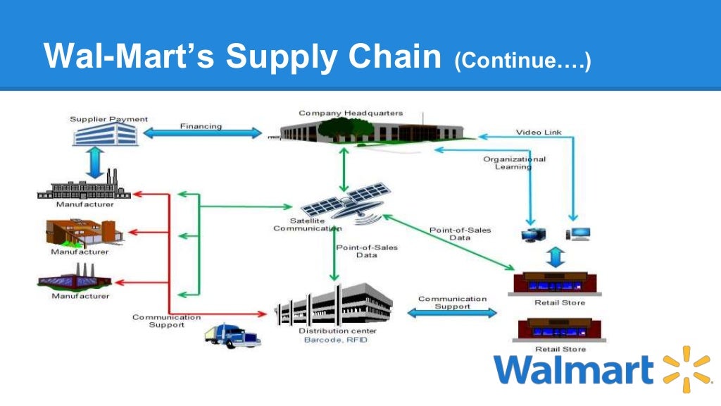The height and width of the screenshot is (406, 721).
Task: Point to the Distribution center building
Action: [334, 304]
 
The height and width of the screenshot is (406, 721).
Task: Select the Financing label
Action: [201, 126]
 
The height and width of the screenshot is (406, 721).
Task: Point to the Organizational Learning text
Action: [514, 163]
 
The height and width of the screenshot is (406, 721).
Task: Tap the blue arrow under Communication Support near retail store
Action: [453, 313]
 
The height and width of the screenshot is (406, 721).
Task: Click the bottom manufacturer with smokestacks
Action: [74, 278]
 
